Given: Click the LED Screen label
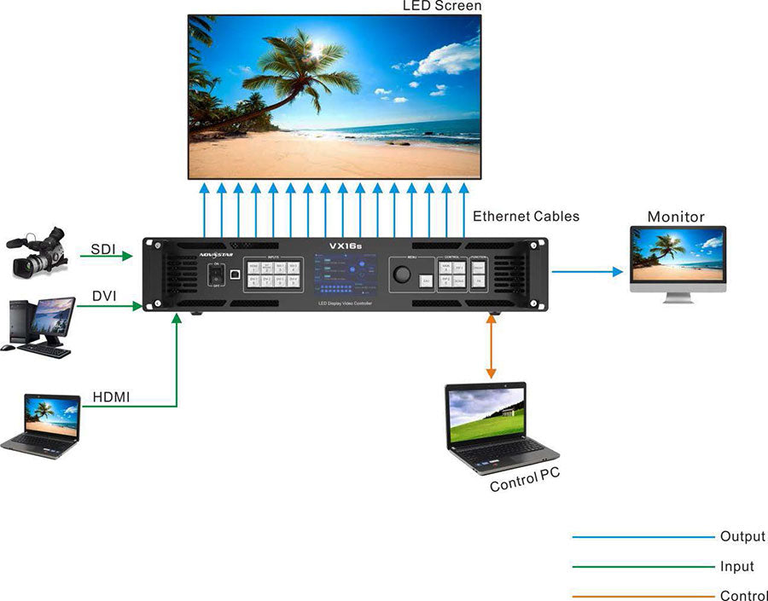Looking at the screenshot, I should pos(442,7).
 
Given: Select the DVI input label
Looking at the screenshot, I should pos(104,296).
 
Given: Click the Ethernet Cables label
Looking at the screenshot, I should pos(526,217).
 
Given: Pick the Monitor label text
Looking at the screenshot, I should pos(676,217).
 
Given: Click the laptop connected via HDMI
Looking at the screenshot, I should pos(43,425).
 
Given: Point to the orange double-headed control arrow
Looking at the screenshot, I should pos(491,346).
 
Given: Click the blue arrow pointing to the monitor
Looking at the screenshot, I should pos(588,272).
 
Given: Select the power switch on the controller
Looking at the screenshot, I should pos(218,275).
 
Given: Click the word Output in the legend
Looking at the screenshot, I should pos(742,537).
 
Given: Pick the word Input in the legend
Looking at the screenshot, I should pos(737,567).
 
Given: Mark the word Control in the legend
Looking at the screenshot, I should pos(743,596).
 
